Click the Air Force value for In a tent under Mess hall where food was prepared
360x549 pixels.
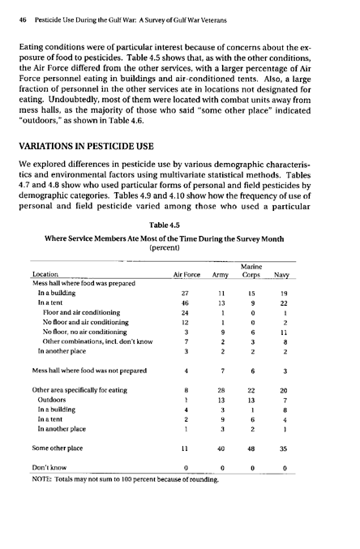(184, 323)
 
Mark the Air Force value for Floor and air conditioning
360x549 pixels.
(184, 334)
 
